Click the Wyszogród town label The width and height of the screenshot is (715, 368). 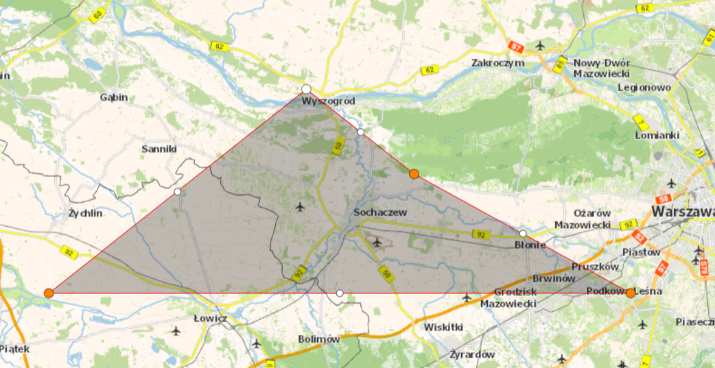[x=329, y=101]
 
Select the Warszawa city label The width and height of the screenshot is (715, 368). [x=682, y=212]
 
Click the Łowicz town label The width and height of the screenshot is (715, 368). [x=210, y=319]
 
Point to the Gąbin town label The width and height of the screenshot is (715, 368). [x=114, y=97]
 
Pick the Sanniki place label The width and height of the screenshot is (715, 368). [x=159, y=149]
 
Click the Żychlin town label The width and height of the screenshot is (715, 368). [x=86, y=213]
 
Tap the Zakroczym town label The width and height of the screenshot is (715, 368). [x=497, y=63]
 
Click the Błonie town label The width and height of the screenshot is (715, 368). [x=530, y=245]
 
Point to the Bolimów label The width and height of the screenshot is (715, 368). [x=319, y=339]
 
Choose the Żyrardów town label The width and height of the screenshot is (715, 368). [x=472, y=355]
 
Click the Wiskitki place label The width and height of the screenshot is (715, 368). [x=444, y=327]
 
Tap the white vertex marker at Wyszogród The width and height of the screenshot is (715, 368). [x=306, y=89]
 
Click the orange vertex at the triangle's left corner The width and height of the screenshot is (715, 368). [x=49, y=293]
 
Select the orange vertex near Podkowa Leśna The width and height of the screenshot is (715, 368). [x=631, y=293]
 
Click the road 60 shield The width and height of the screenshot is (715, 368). [x=98, y=15]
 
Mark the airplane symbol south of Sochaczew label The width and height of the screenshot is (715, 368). [x=377, y=241]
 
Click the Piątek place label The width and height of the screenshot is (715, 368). [x=14, y=349]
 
